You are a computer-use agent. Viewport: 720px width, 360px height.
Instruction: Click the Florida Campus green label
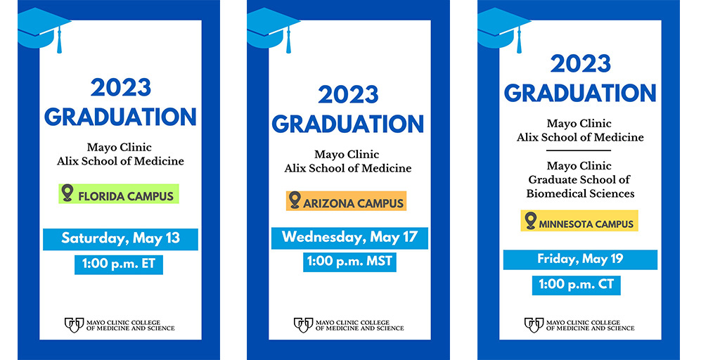(118, 194)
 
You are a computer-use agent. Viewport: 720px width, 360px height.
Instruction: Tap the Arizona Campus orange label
(346, 202)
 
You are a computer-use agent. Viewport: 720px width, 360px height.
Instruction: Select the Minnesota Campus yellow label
(579, 221)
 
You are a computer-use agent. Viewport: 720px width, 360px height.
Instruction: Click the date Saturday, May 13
(120, 238)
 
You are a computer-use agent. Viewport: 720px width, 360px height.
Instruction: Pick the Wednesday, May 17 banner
(349, 237)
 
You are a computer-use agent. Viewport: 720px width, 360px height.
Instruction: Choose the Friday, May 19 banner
(580, 259)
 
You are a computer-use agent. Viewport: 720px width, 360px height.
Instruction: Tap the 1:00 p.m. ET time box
(119, 264)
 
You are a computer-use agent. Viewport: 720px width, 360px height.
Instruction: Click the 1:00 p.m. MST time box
(349, 262)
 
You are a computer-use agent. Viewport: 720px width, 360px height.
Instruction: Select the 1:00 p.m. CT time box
(576, 285)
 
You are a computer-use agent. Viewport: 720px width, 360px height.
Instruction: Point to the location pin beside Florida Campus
(67, 193)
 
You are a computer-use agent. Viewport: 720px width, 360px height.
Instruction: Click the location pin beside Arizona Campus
(295, 200)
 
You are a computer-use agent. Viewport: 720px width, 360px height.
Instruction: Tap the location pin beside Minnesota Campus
(530, 220)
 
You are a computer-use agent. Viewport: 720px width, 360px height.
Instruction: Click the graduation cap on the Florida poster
(42, 28)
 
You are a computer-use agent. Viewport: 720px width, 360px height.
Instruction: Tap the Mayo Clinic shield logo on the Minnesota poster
(534, 324)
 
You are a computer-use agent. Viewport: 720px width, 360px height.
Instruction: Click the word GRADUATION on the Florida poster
(120, 116)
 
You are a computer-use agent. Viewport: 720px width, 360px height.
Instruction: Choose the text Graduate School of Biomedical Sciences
(580, 186)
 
